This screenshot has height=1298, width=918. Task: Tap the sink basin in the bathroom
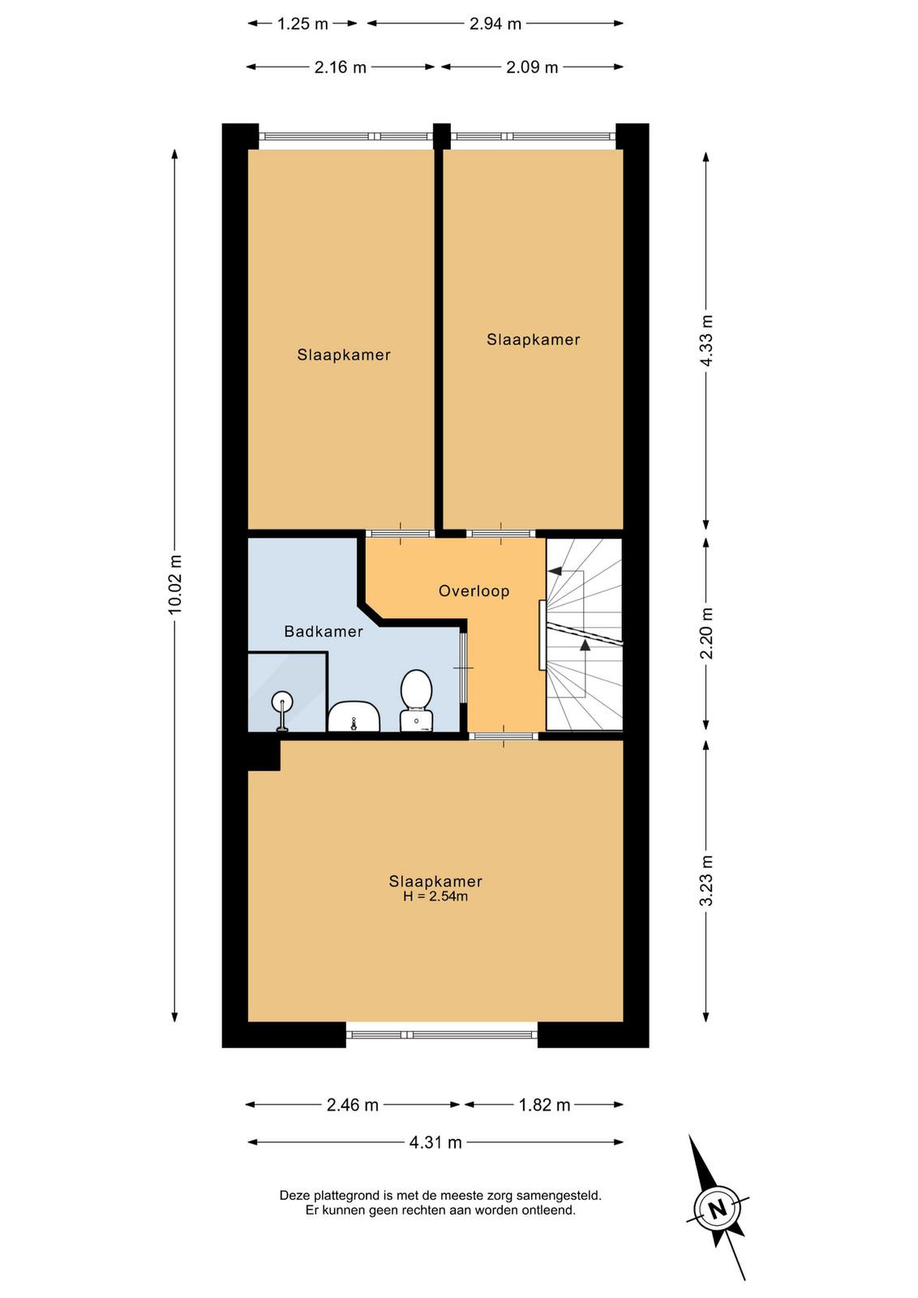[354, 716]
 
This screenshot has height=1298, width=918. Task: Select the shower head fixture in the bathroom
[282, 711]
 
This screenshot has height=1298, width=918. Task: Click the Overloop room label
[474, 591]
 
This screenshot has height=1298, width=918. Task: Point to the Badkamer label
[324, 632]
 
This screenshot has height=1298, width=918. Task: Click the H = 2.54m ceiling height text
[435, 896]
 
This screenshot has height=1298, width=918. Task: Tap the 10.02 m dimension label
[175, 584]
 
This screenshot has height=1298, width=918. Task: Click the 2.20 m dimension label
[706, 634]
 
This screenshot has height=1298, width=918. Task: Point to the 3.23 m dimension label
[706, 881]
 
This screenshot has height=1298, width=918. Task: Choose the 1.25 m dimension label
[302, 24]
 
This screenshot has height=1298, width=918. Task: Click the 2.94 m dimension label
[495, 24]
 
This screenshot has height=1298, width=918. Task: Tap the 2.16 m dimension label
[341, 67]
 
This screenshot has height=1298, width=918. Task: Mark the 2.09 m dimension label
[532, 67]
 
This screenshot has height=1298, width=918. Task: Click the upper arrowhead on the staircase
[555, 571]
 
